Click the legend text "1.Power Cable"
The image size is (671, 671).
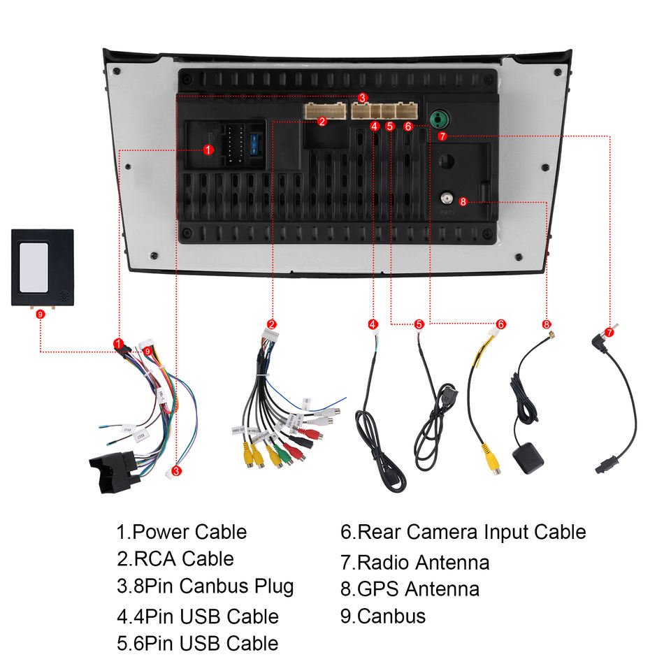[182, 532]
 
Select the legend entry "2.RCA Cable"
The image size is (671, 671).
[175, 558]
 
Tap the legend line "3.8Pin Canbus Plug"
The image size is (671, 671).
[205, 586]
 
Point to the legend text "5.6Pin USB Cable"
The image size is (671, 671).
[197, 643]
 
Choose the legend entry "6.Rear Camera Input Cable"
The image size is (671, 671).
[463, 532]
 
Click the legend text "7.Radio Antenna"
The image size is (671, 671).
[414, 562]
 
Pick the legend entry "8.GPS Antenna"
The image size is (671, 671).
[410, 589]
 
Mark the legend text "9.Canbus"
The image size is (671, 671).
[382, 616]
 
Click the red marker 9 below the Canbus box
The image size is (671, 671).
[41, 315]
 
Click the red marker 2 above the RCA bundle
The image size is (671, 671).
[272, 324]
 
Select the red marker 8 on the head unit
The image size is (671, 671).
[463, 203]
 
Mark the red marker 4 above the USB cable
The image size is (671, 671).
[373, 324]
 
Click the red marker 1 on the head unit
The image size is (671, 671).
[208, 150]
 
